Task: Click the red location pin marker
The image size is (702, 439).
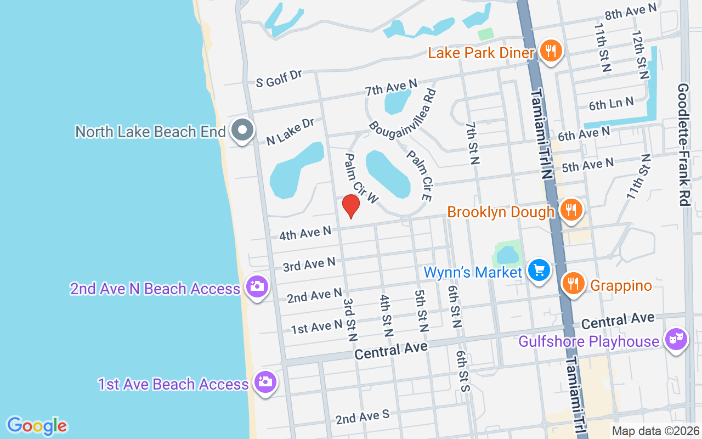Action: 351,206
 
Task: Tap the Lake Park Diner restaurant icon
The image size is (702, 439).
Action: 551,51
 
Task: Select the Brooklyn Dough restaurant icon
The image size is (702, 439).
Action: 571,210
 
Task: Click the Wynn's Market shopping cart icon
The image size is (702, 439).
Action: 539,270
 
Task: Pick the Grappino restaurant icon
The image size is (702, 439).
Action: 574,284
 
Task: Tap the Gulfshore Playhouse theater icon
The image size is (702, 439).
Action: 676,340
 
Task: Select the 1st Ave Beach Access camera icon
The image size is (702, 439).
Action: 265,382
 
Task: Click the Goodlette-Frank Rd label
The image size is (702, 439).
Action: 683,145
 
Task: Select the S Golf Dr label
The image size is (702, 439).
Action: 279,78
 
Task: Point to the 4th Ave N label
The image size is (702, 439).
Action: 305,233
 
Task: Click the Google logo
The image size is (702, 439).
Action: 37,426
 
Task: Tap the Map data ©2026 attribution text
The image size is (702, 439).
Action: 655,431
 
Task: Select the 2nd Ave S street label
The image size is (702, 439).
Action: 363,417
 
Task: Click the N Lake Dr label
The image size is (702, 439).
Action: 290,132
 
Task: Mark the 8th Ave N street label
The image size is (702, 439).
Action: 630,12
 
